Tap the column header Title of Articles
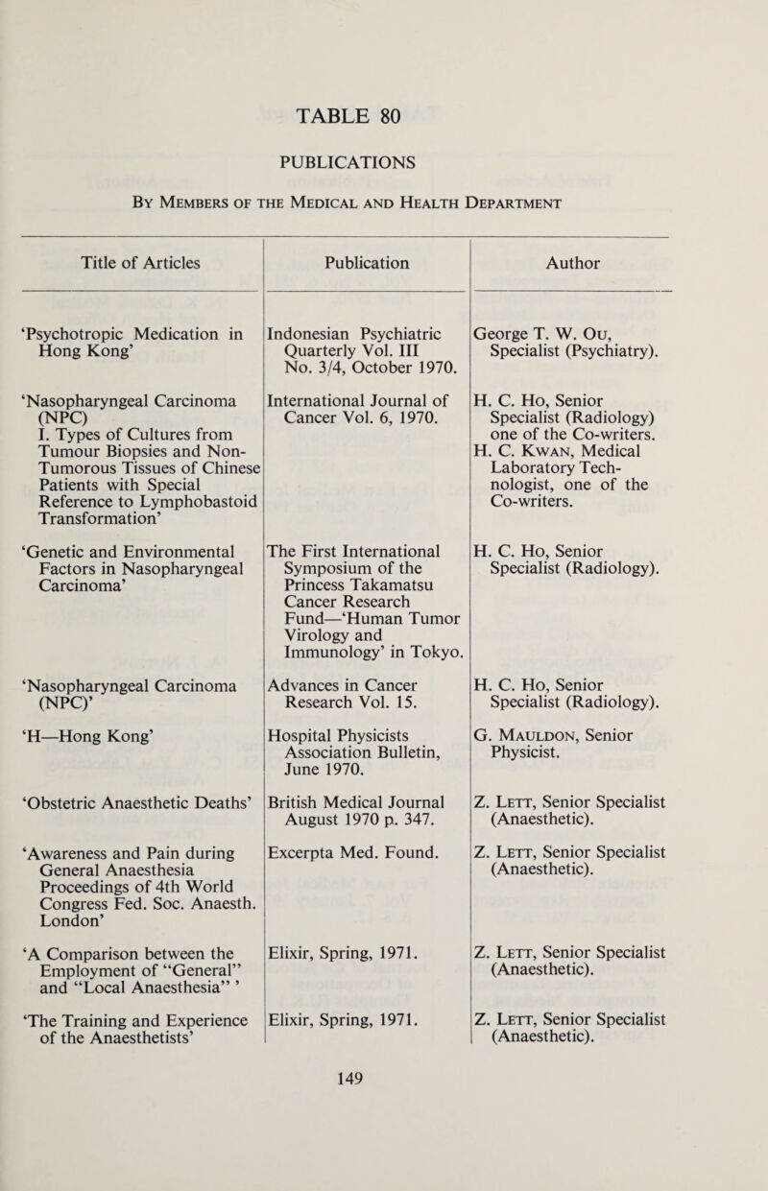134,257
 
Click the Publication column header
365,257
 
